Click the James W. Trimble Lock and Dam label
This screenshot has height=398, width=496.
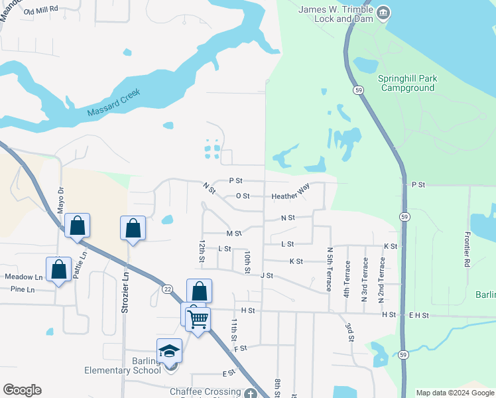click(x=335, y=14)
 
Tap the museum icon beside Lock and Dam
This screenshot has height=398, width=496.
click(x=383, y=13)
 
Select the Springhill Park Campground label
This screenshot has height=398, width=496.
click(x=406, y=83)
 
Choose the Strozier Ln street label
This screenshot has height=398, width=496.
click(x=123, y=292)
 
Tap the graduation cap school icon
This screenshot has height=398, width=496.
click(x=169, y=350)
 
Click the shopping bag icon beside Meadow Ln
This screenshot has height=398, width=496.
click(x=58, y=269)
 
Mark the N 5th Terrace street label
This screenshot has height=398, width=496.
click(x=329, y=269)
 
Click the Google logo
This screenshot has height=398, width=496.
click(x=22, y=390)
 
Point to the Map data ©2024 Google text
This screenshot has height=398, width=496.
click(x=455, y=393)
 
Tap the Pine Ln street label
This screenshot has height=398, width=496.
click(x=22, y=289)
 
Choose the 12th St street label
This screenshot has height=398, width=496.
click(x=200, y=251)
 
